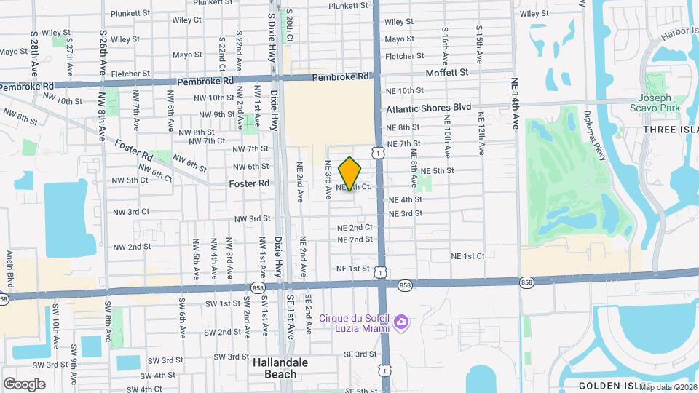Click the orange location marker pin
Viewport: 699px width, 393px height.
coord(350,174)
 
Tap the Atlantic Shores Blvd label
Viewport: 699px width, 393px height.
coord(429,107)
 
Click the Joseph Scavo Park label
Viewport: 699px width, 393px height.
coord(658,103)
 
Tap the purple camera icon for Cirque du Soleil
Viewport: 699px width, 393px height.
coord(400,322)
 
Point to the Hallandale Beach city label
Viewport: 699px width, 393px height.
coord(280,368)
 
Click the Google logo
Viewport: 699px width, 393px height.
coord(24,384)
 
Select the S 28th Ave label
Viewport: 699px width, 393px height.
coord(34,54)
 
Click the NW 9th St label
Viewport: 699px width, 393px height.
coord(209,114)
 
